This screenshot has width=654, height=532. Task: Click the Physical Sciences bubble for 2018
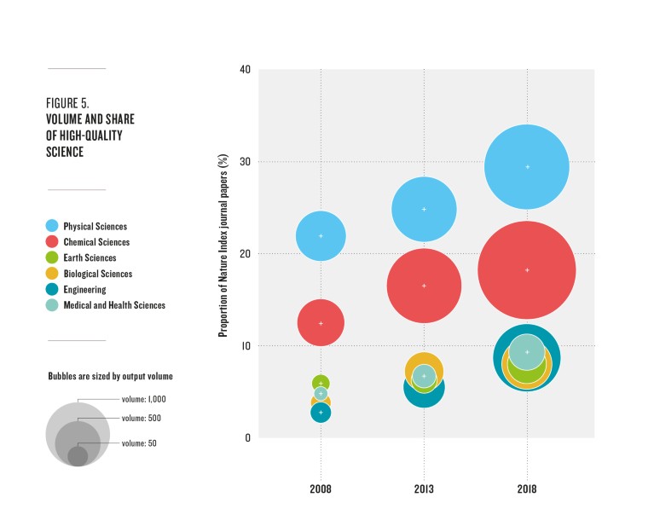click(x=527, y=167)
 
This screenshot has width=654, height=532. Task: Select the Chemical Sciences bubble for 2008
click(x=321, y=323)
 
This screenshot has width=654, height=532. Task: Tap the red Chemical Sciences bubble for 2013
click(x=424, y=286)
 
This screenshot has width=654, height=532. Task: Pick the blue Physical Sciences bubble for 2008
click(x=321, y=235)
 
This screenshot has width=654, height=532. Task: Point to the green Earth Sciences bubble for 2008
click(x=321, y=383)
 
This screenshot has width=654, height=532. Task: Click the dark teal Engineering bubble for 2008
click(x=321, y=413)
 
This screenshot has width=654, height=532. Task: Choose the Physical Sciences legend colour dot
click(x=53, y=227)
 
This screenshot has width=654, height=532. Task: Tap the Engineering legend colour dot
click(x=53, y=290)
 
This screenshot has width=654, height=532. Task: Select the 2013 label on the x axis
click(x=424, y=491)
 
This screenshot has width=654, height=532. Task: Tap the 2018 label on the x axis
click(x=527, y=491)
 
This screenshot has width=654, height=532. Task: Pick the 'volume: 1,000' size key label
click(x=143, y=399)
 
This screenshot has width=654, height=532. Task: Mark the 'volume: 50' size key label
click(x=139, y=443)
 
